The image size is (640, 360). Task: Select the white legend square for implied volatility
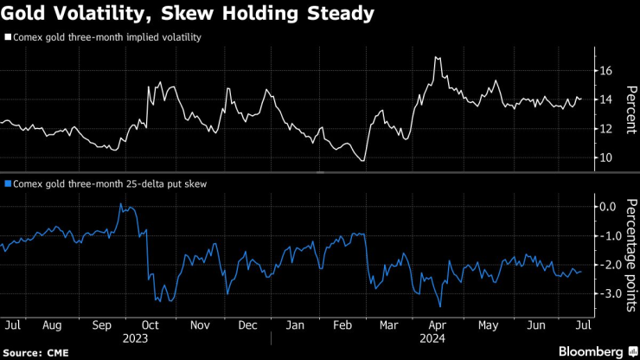click(8, 38)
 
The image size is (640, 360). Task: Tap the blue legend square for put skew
click(8, 183)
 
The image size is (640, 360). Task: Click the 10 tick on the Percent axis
click(606, 157)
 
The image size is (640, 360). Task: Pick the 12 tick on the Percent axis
click(606, 129)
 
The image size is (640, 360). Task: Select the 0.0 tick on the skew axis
click(609, 207)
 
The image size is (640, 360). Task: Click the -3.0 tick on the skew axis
click(609, 293)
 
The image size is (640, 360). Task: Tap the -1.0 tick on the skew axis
click(609, 236)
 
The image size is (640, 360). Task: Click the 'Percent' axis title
click(630, 109)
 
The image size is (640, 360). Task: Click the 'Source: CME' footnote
click(38, 352)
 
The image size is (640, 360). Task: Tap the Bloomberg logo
click(592, 351)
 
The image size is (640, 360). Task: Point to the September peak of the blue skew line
click(120, 204)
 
